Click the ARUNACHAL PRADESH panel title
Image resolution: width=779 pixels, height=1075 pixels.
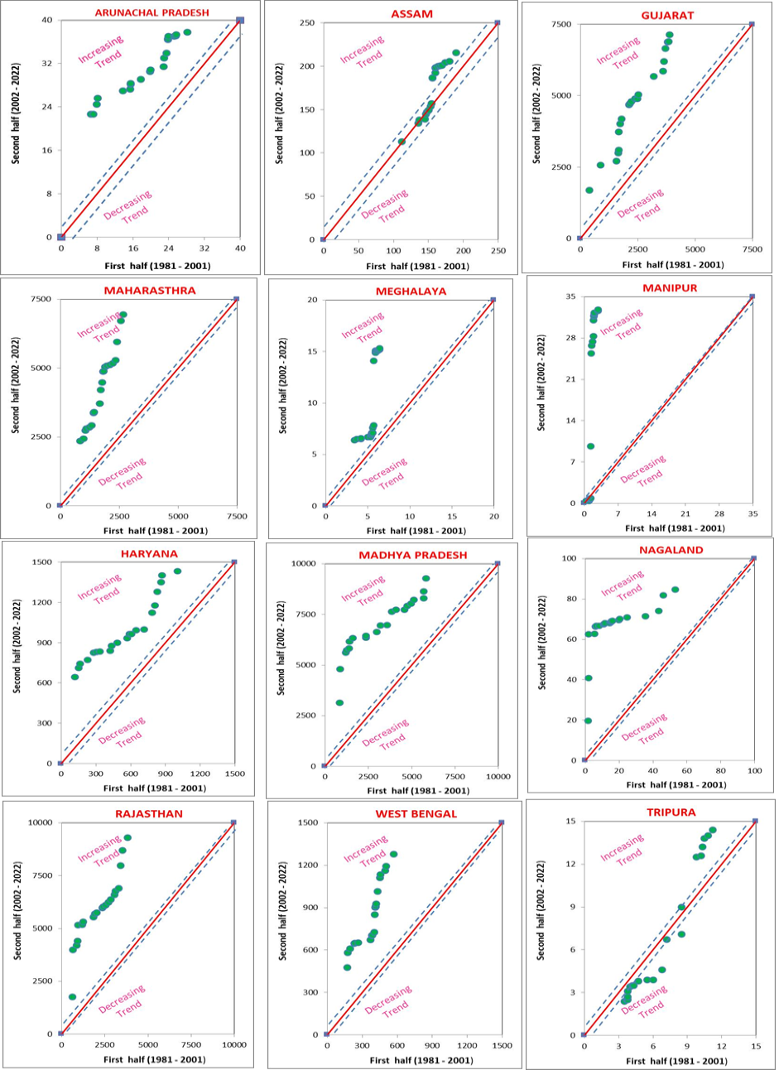coord(151,12)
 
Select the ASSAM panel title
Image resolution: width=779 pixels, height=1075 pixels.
coord(411,13)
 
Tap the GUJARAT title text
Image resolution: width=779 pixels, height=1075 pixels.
coord(667,16)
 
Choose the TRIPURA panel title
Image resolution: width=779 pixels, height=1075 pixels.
coord(664,812)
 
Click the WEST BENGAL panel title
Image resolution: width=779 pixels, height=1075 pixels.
coord(409,814)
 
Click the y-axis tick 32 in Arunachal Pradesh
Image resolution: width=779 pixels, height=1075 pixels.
coord(49,63)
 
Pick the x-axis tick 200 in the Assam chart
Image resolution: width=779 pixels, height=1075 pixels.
coord(463,250)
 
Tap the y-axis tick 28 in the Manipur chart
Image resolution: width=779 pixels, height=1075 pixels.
coord(570,338)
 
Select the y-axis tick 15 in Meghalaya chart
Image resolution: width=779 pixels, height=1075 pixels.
coord(312,351)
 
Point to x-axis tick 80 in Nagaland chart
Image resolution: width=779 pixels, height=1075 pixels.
coord(720,771)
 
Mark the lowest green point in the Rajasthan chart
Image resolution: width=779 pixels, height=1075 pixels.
coord(72,993)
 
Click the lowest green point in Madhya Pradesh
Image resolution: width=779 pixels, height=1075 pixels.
coord(339,702)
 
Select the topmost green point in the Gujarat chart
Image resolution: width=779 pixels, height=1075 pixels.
coord(670,35)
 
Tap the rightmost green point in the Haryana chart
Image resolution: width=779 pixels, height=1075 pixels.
coord(177,571)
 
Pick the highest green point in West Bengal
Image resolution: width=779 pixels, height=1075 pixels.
coord(394,854)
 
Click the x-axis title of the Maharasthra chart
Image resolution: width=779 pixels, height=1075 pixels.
coord(156,531)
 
